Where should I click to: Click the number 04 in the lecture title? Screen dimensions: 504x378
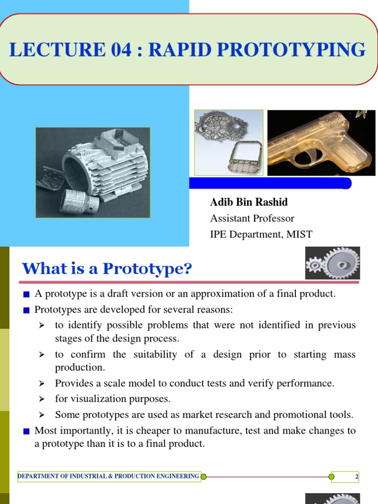[104, 51]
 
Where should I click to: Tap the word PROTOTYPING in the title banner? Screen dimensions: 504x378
[301, 51]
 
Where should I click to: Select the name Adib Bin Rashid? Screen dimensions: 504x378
[249, 202]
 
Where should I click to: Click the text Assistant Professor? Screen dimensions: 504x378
[252, 218]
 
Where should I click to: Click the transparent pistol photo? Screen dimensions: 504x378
[321, 143]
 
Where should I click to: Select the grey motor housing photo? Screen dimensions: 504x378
[93, 172]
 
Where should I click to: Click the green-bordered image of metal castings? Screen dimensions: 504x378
[228, 142]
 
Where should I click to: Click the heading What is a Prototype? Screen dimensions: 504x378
[106, 269]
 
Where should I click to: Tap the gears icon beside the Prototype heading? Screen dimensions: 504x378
[332, 263]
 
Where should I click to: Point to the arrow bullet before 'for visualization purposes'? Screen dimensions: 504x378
[42, 399]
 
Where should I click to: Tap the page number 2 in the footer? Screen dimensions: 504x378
[356, 476]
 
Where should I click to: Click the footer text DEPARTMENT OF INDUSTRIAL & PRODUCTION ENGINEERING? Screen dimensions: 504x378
[108, 476]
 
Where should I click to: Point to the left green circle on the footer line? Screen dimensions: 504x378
[204, 476]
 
